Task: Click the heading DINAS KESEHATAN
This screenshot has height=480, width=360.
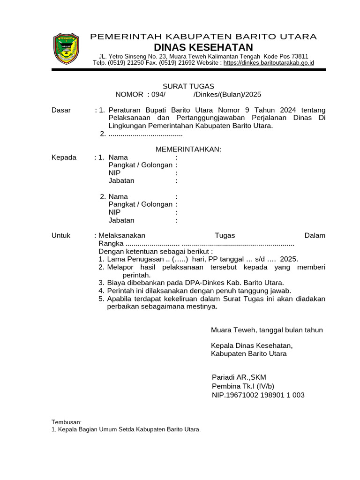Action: (x=203, y=47)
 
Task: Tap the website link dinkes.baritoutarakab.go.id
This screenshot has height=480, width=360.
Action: (x=269, y=63)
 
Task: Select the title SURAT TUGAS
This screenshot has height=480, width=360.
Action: (x=188, y=86)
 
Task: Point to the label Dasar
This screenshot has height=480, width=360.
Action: (x=61, y=110)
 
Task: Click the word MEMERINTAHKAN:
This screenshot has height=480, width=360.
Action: (x=188, y=149)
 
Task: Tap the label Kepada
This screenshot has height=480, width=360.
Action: (x=64, y=157)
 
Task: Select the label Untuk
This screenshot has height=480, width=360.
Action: (x=61, y=235)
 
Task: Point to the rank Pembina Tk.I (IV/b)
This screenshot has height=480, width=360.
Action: (x=243, y=386)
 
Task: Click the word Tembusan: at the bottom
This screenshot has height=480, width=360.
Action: (x=67, y=422)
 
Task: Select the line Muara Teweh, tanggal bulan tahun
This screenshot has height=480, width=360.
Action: (x=267, y=330)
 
